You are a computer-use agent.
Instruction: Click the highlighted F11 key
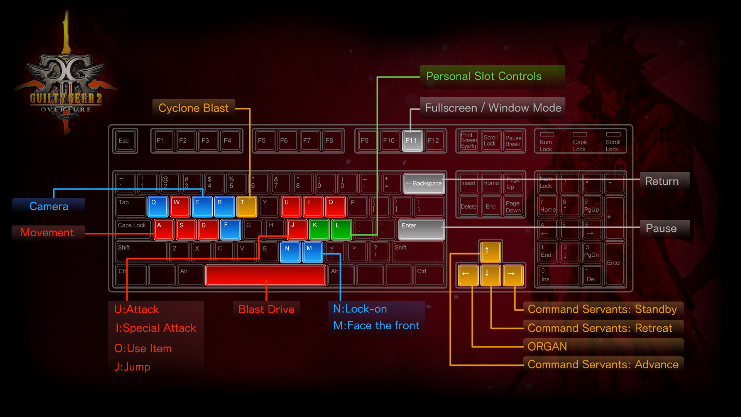[412, 141]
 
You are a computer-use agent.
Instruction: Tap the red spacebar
[266, 275]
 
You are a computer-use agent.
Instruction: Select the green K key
[319, 229]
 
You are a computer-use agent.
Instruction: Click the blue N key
[290, 252]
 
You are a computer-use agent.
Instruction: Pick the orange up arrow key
[490, 251]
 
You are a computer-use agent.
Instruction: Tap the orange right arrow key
[513, 275]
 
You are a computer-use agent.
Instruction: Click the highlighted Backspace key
[424, 183]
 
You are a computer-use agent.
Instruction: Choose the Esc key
[125, 141]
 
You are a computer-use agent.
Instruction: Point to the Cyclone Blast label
[194, 108]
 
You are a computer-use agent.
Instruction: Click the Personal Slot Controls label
[484, 76]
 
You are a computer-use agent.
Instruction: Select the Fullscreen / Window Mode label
[493, 108]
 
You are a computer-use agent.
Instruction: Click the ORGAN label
[547, 346]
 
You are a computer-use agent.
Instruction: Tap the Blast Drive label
[266, 309]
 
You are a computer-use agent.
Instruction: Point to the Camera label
[49, 206]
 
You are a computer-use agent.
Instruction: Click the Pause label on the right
[661, 228]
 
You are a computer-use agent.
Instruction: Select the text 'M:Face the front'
[376, 325]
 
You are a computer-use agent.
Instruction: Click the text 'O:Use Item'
[143, 348]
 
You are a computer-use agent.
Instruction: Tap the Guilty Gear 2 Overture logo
[66, 85]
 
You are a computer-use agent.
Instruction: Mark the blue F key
[230, 229]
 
